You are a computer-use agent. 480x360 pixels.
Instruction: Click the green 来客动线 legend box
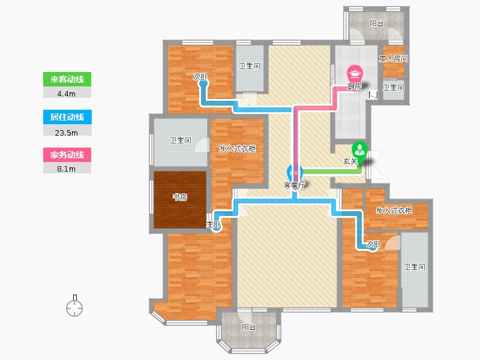tap(67, 79)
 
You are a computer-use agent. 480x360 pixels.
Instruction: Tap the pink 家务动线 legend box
tap(67, 155)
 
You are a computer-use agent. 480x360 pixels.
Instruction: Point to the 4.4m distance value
tap(67, 93)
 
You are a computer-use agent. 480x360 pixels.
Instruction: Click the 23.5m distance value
tap(67, 131)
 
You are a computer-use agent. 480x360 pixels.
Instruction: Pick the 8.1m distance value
tap(67, 169)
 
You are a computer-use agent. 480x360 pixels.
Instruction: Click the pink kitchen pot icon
tap(356, 74)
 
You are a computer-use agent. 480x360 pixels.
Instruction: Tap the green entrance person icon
tap(359, 148)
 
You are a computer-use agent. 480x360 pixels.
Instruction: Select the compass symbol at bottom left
tap(74, 307)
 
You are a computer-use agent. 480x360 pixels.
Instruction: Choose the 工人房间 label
tap(394, 59)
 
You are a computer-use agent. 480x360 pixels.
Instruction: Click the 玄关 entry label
tap(350, 161)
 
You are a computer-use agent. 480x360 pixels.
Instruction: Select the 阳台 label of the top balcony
tap(377, 24)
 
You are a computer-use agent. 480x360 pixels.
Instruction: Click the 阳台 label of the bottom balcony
tap(249, 327)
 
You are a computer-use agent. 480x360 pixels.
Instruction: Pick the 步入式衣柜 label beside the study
tap(238, 149)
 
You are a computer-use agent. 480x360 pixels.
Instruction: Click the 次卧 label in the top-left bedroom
tap(200, 77)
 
